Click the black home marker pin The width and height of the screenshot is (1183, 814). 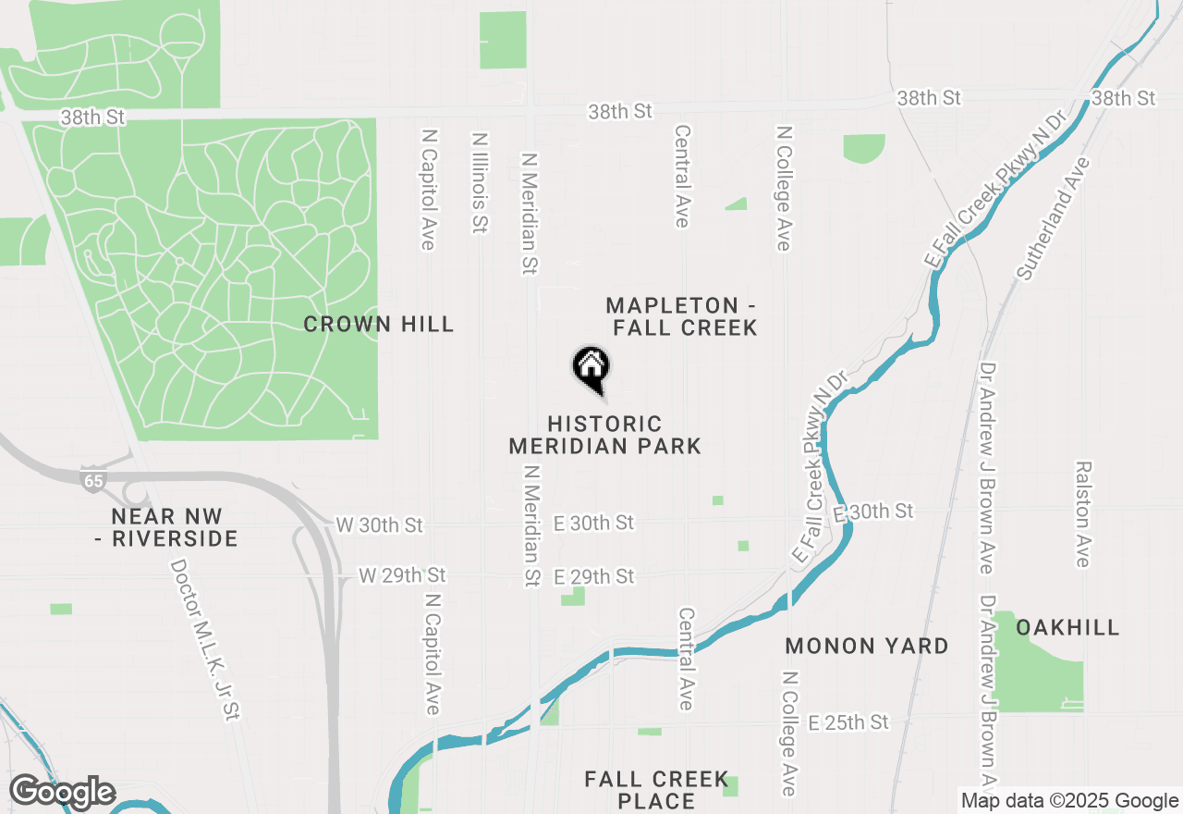pos(591,367)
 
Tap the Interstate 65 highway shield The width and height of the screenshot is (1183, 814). pos(92,480)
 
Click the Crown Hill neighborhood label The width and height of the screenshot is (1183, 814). pos(379,324)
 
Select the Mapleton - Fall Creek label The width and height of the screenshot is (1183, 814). pos(682,316)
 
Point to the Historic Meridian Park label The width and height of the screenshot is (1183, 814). pos(605,435)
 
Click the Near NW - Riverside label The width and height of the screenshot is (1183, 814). pos(166,527)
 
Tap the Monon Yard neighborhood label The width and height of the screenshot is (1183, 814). pos(867,646)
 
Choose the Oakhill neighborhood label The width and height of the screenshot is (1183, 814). pos(1067,627)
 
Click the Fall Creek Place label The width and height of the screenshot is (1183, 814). pos(656,790)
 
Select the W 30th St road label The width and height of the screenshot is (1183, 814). pos(379,525)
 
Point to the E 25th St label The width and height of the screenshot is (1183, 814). pos(848,721)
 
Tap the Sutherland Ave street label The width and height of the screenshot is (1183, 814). pos(1054,218)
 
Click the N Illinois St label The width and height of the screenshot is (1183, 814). pos(479,182)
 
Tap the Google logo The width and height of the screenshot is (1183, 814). pos(62,792)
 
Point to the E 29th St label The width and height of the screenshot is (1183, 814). pos(594,576)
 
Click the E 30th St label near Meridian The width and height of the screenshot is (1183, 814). pos(594,523)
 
